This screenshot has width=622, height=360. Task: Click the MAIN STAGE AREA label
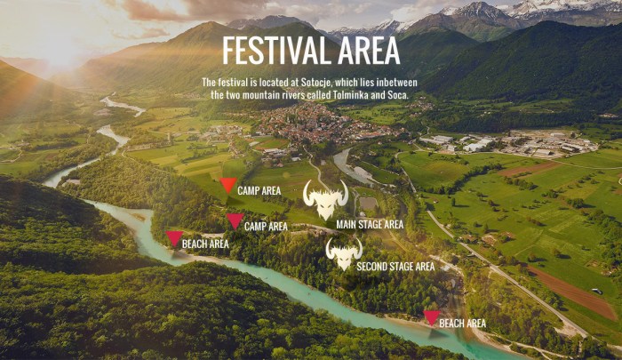[371, 224]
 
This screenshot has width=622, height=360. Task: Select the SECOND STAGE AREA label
[395, 266]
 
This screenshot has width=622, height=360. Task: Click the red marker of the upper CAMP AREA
[228, 185]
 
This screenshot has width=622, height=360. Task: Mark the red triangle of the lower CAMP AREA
[235, 220]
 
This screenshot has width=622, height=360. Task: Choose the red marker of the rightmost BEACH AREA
[432, 317]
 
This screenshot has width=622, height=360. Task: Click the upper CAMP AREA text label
[259, 191]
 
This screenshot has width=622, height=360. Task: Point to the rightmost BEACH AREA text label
[463, 324]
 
